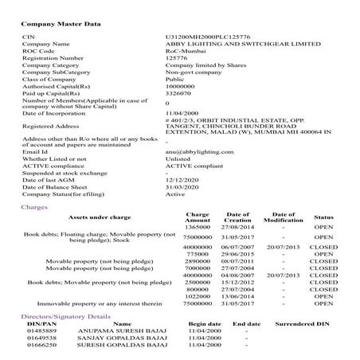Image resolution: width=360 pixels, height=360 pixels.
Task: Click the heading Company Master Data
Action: pyautogui.click(x=61, y=24)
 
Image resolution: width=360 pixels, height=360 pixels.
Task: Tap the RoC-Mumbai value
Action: pyautogui.click(x=182, y=51)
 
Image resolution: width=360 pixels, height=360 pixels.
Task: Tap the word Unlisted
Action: pyautogui.click(x=178, y=158)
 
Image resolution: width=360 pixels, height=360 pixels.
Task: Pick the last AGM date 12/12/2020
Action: pyautogui.click(x=181, y=179)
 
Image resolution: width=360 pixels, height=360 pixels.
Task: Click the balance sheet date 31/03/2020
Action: pyautogui.click(x=181, y=186)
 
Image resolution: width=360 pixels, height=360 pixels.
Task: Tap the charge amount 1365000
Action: pyautogui.click(x=197, y=228)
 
